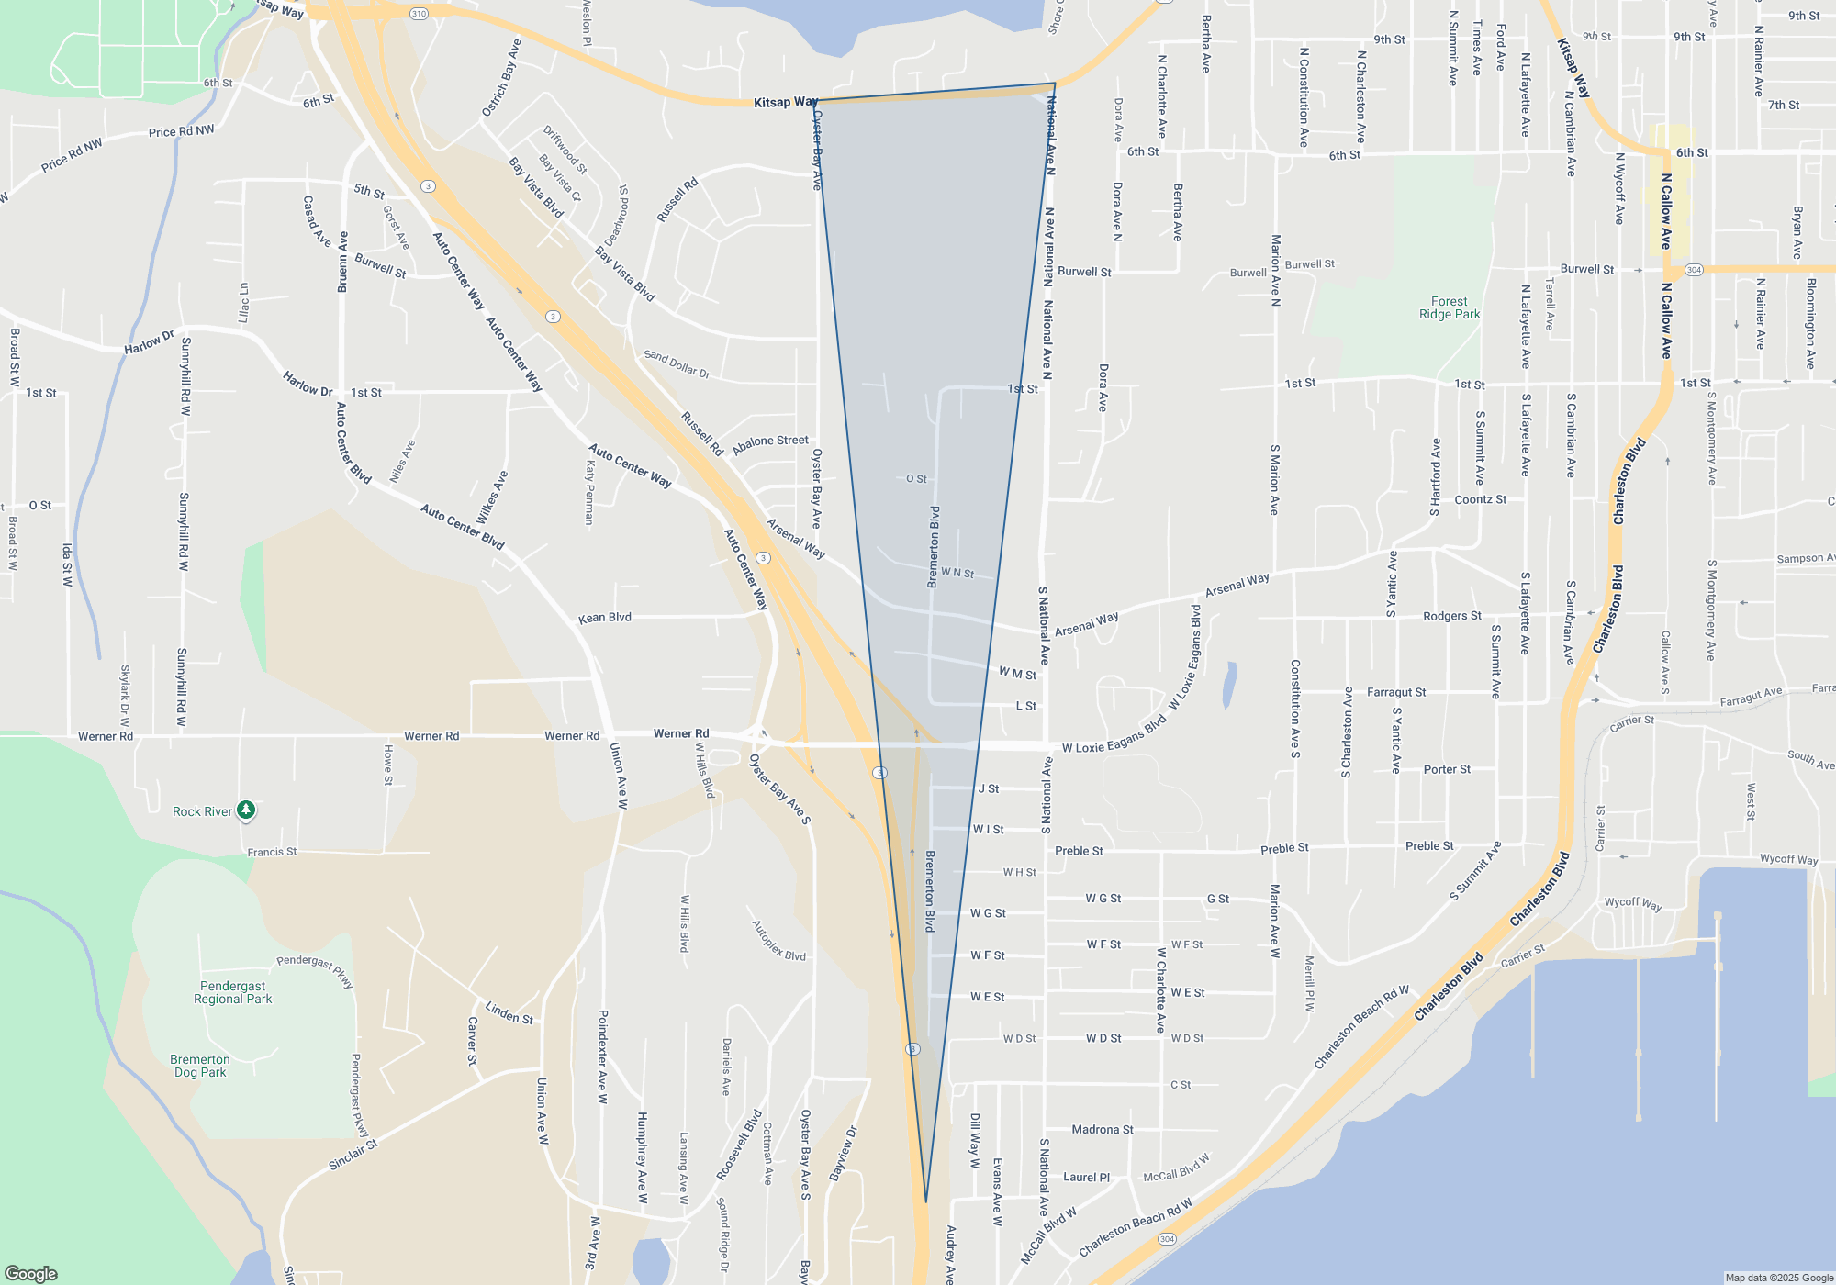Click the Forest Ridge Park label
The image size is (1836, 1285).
point(1450,307)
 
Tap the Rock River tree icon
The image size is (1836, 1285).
point(246,810)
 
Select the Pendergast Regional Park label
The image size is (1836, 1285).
point(233,992)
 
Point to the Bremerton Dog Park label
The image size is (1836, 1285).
point(200,1066)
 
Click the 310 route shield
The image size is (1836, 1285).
point(419,14)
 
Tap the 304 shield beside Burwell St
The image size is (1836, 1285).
point(1694,270)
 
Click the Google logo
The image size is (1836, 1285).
point(31,1273)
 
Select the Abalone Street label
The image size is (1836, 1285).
point(770,442)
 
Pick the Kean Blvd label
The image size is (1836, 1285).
point(605,618)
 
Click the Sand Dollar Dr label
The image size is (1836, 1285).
point(677,363)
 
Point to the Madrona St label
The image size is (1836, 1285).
point(1103,1130)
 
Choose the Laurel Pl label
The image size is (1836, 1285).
point(1086,1177)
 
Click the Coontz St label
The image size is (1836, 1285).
point(1481,499)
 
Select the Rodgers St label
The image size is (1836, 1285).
point(1452,616)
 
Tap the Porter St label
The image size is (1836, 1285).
point(1447,769)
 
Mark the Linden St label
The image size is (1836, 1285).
point(509,1012)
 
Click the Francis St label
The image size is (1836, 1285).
point(272,852)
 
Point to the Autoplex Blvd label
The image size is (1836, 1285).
point(778,941)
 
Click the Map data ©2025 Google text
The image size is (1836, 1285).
point(1779,1278)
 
